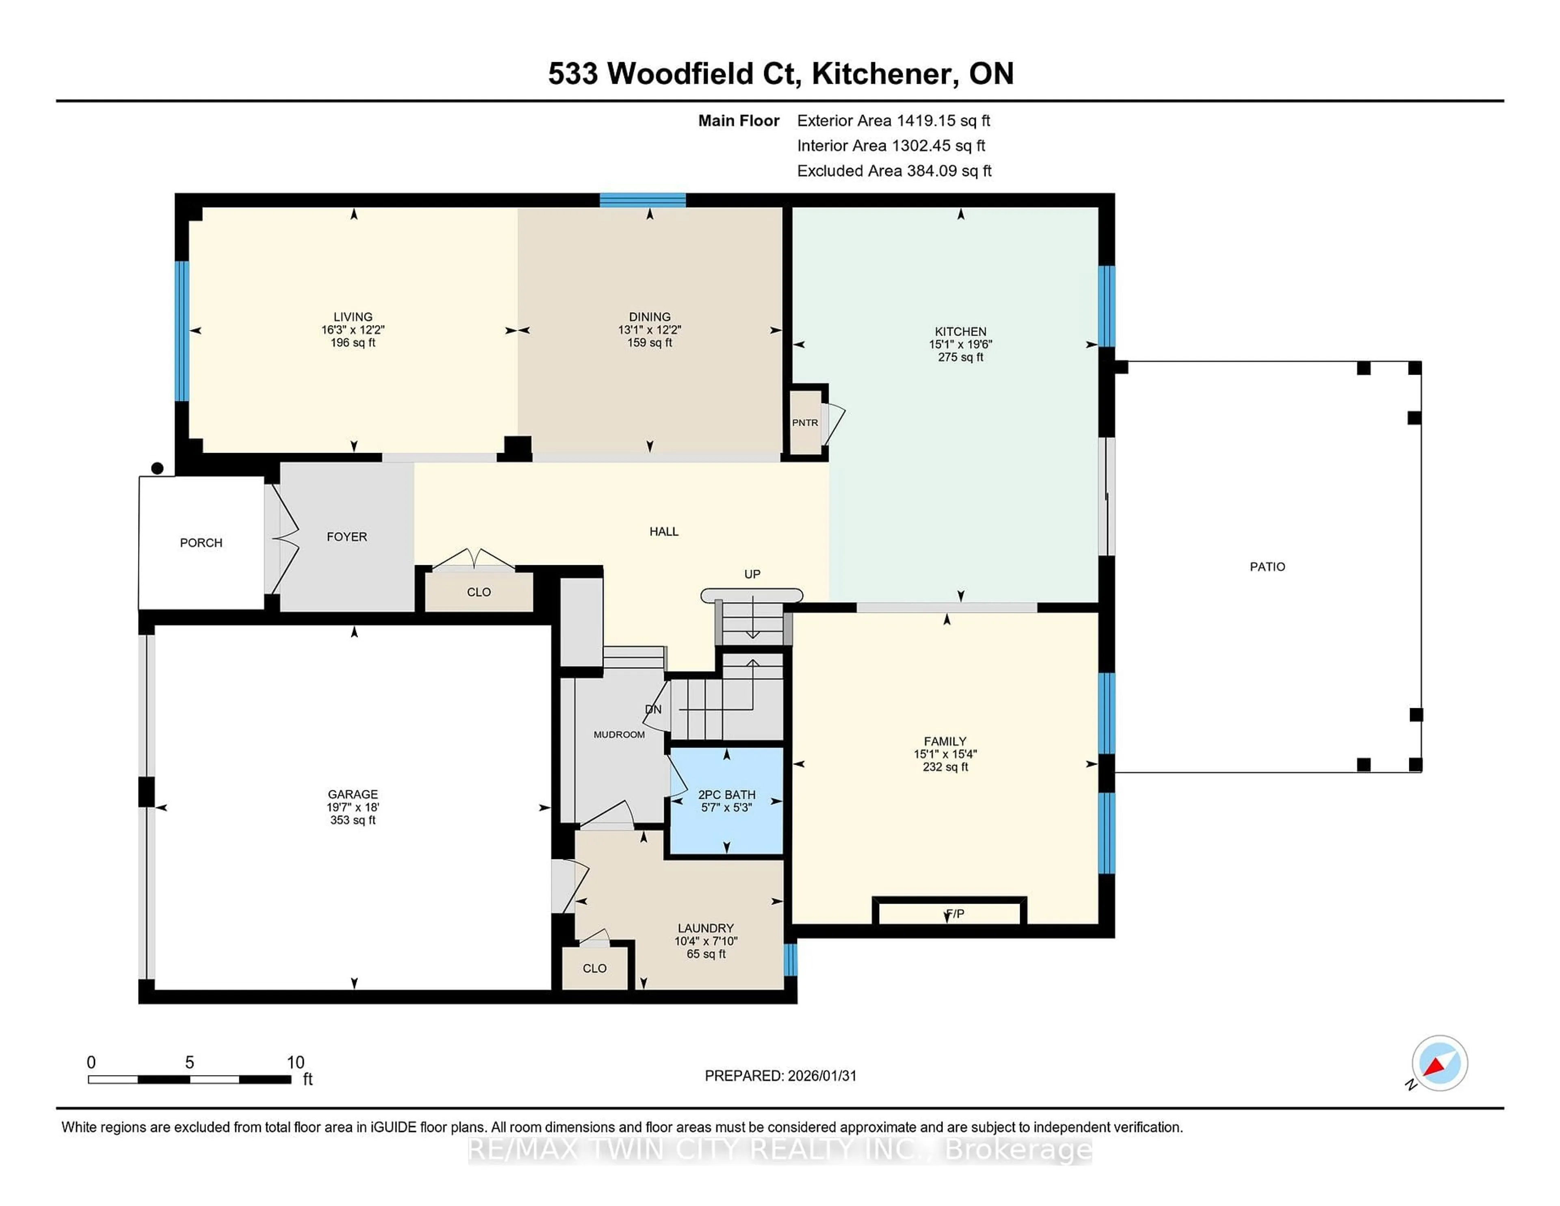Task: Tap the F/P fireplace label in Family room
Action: pyautogui.click(x=955, y=914)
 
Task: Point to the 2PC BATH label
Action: pyautogui.click(x=726, y=794)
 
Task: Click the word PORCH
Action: pyautogui.click(x=201, y=543)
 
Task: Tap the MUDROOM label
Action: pyautogui.click(x=619, y=735)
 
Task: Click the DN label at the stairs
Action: pyautogui.click(x=653, y=709)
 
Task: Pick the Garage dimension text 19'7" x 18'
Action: pyautogui.click(x=353, y=807)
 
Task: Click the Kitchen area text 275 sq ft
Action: pyautogui.click(x=961, y=357)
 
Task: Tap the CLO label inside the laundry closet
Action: pyautogui.click(x=594, y=968)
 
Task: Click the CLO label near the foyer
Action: pyautogui.click(x=479, y=592)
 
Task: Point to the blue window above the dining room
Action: pyautogui.click(x=642, y=200)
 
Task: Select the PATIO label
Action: pyautogui.click(x=1267, y=566)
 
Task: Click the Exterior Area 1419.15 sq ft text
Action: pyautogui.click(x=894, y=121)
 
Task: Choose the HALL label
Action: pyautogui.click(x=663, y=531)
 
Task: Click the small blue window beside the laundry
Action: pyautogui.click(x=790, y=959)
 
